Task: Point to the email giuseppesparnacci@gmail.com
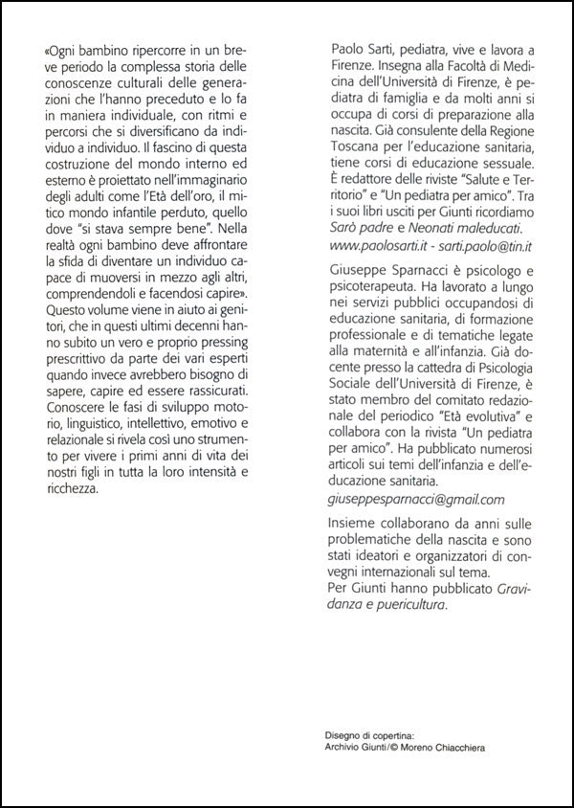coord(416,499)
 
